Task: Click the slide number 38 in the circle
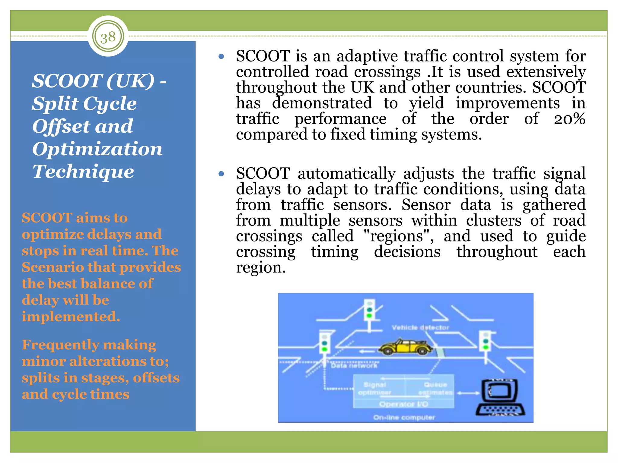tap(108, 37)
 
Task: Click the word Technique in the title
tap(83, 172)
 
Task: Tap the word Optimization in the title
tap(97, 149)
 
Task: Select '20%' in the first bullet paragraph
tap(569, 118)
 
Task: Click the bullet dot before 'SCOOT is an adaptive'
tap(221, 56)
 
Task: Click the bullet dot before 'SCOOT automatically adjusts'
tap(221, 174)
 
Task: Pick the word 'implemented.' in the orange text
tap(71, 317)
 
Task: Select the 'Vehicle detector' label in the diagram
tap(420, 327)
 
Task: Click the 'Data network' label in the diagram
tap(354, 366)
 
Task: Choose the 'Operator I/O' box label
tap(404, 404)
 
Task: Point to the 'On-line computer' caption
tap(404, 417)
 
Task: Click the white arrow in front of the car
tap(367, 351)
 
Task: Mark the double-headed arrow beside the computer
tap(468, 393)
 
